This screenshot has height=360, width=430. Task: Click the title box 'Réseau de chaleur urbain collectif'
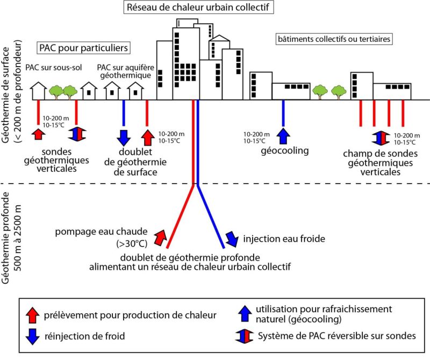pyautogui.click(x=196, y=8)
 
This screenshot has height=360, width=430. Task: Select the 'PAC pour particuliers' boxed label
pyautogui.click(x=83, y=48)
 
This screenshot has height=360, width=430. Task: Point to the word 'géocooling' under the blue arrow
pyautogui.click(x=284, y=150)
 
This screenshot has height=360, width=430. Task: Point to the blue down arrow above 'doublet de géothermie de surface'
pyautogui.click(x=124, y=136)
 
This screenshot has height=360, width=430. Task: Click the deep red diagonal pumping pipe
pyautogui.click(x=180, y=215)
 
